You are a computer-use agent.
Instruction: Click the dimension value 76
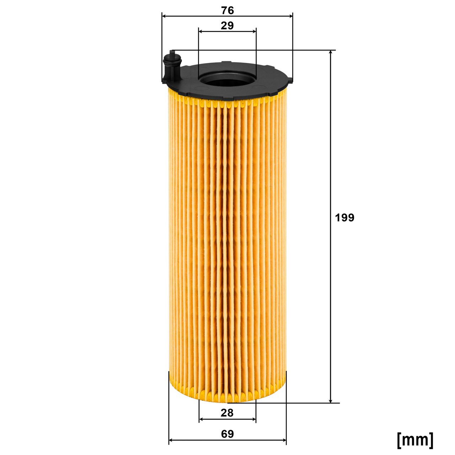(227, 11)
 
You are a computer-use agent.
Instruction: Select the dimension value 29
(227, 26)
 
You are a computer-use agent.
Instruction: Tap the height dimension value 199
(345, 218)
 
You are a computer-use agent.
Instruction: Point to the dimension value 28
(227, 413)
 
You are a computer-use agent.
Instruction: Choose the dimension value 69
(227, 434)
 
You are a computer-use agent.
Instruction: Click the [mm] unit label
(415, 440)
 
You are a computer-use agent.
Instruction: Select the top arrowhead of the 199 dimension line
(331, 53)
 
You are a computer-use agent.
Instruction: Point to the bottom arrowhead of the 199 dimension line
(331, 400)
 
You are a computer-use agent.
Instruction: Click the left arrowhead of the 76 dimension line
(164, 16)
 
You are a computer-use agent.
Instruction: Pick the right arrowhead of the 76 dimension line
(290, 16)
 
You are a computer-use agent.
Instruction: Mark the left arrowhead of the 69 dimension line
(171, 441)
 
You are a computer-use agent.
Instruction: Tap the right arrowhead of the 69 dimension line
(284, 441)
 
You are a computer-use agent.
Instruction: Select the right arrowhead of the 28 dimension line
(253, 419)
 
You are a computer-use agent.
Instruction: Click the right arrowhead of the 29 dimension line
(254, 31)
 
